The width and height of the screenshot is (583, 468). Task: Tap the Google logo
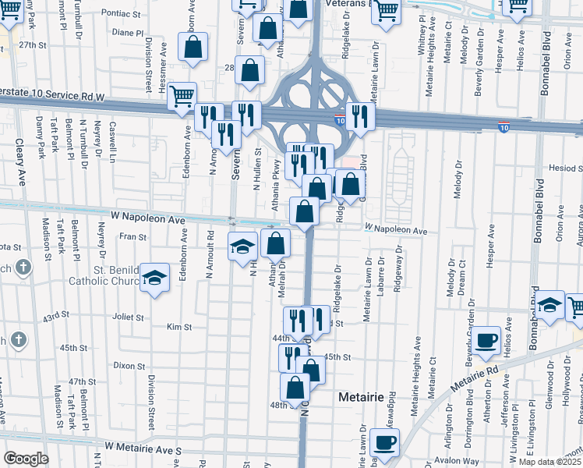click(26, 459)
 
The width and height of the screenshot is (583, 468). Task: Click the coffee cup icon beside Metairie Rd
click(486, 339)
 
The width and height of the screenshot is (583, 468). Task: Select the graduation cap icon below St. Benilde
click(155, 279)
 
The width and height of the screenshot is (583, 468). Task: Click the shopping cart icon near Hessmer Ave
click(182, 97)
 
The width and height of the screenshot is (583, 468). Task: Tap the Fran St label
click(132, 236)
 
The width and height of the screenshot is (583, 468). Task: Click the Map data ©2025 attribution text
click(549, 462)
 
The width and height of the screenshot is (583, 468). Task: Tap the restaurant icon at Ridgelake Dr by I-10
click(360, 117)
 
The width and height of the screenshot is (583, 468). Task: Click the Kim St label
click(178, 328)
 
